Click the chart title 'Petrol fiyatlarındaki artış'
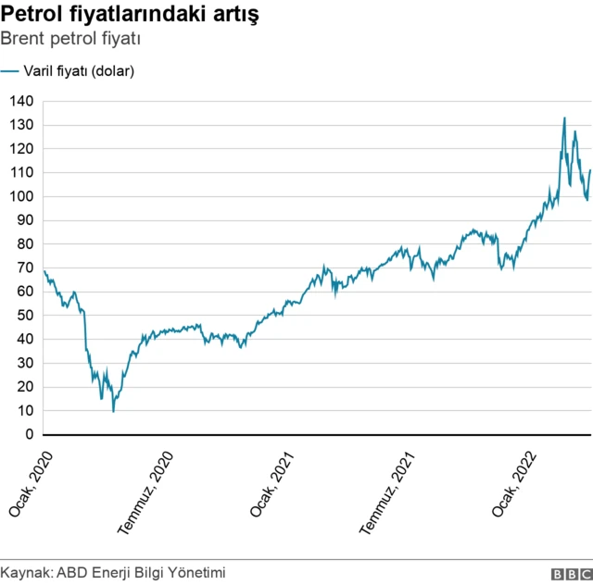pos(130,16)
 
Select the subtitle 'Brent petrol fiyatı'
pos(70,40)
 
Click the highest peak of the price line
pos(564,118)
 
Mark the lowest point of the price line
pos(114,411)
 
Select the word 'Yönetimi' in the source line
pos(196,573)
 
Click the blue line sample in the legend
pos(10,71)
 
